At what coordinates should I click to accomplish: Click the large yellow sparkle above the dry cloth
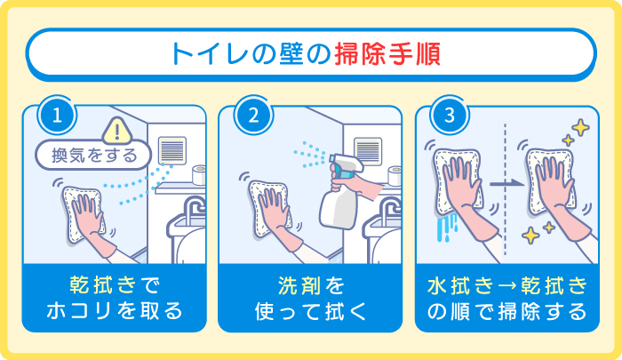pos(580,130)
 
